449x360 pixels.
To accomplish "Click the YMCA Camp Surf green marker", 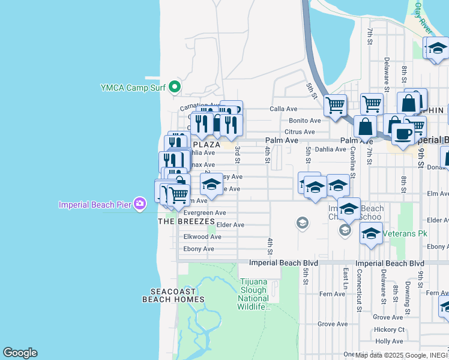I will pos(175,88).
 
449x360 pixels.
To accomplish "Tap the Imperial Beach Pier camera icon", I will pos(140,205).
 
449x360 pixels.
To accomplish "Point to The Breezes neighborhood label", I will pos(186,221).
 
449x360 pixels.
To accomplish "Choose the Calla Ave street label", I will pos(283,109).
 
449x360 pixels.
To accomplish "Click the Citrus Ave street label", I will pos(300,132).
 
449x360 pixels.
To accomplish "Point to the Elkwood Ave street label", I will pos(202,237).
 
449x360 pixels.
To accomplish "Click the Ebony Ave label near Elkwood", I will pos(199,249).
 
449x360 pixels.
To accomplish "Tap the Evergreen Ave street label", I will pos(204,212).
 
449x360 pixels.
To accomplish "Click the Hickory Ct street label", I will pos(389,329).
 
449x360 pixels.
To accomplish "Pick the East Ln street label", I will pos(346,278).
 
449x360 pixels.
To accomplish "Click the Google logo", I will pos(20,353).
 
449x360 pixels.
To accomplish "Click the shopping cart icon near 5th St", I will pos(335,105).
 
